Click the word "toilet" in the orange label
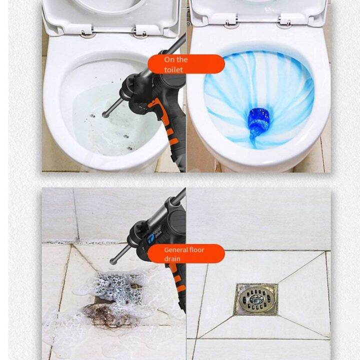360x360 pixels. pyautogui.click(x=173, y=70)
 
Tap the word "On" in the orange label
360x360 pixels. pyautogui.click(x=169, y=59)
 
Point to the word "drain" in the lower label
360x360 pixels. pyautogui.click(x=172, y=259)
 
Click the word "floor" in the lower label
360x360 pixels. pyautogui.click(x=196, y=249)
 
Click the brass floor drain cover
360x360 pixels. pyautogui.click(x=256, y=299)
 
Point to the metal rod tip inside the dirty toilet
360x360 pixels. pyautogui.click(x=106, y=114)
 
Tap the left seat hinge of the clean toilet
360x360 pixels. pyautogui.click(x=231, y=22)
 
